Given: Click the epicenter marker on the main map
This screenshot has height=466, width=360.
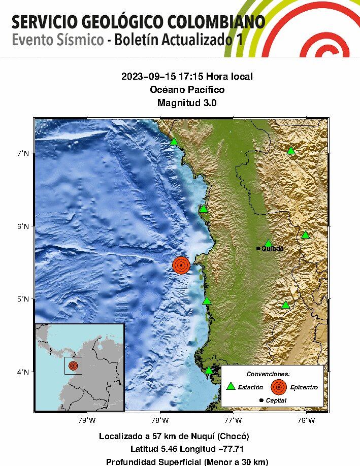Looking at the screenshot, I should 181,265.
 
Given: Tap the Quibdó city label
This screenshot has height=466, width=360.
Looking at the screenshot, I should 272,249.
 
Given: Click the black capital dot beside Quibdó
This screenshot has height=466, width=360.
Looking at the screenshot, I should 258,248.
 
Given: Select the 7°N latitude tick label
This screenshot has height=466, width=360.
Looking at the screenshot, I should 23,153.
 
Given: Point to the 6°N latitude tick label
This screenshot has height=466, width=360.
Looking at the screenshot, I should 23,226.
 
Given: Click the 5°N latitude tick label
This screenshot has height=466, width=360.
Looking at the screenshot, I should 23,299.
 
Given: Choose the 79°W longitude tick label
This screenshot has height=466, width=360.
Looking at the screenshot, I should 87,420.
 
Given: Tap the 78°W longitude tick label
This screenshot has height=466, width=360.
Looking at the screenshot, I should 160,420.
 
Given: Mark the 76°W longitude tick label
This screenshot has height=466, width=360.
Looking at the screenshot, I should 306,420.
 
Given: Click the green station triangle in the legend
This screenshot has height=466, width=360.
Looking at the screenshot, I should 231,386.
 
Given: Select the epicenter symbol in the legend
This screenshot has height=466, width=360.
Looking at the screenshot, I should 278,387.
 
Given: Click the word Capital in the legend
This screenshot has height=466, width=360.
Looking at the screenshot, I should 276,401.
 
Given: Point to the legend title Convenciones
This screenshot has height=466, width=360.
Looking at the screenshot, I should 272,374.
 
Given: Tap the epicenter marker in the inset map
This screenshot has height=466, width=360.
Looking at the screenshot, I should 73,365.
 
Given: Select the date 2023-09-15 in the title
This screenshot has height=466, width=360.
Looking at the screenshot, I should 143,77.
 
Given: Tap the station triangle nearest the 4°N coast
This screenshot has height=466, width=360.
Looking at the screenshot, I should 209,370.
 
